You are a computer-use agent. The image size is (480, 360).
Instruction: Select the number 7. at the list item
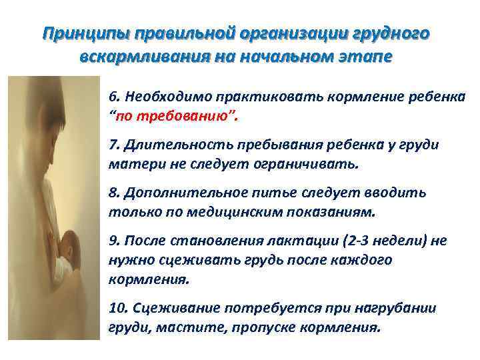pyautogui.click(x=114, y=146)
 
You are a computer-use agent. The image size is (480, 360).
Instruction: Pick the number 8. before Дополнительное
pyautogui.click(x=114, y=193)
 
